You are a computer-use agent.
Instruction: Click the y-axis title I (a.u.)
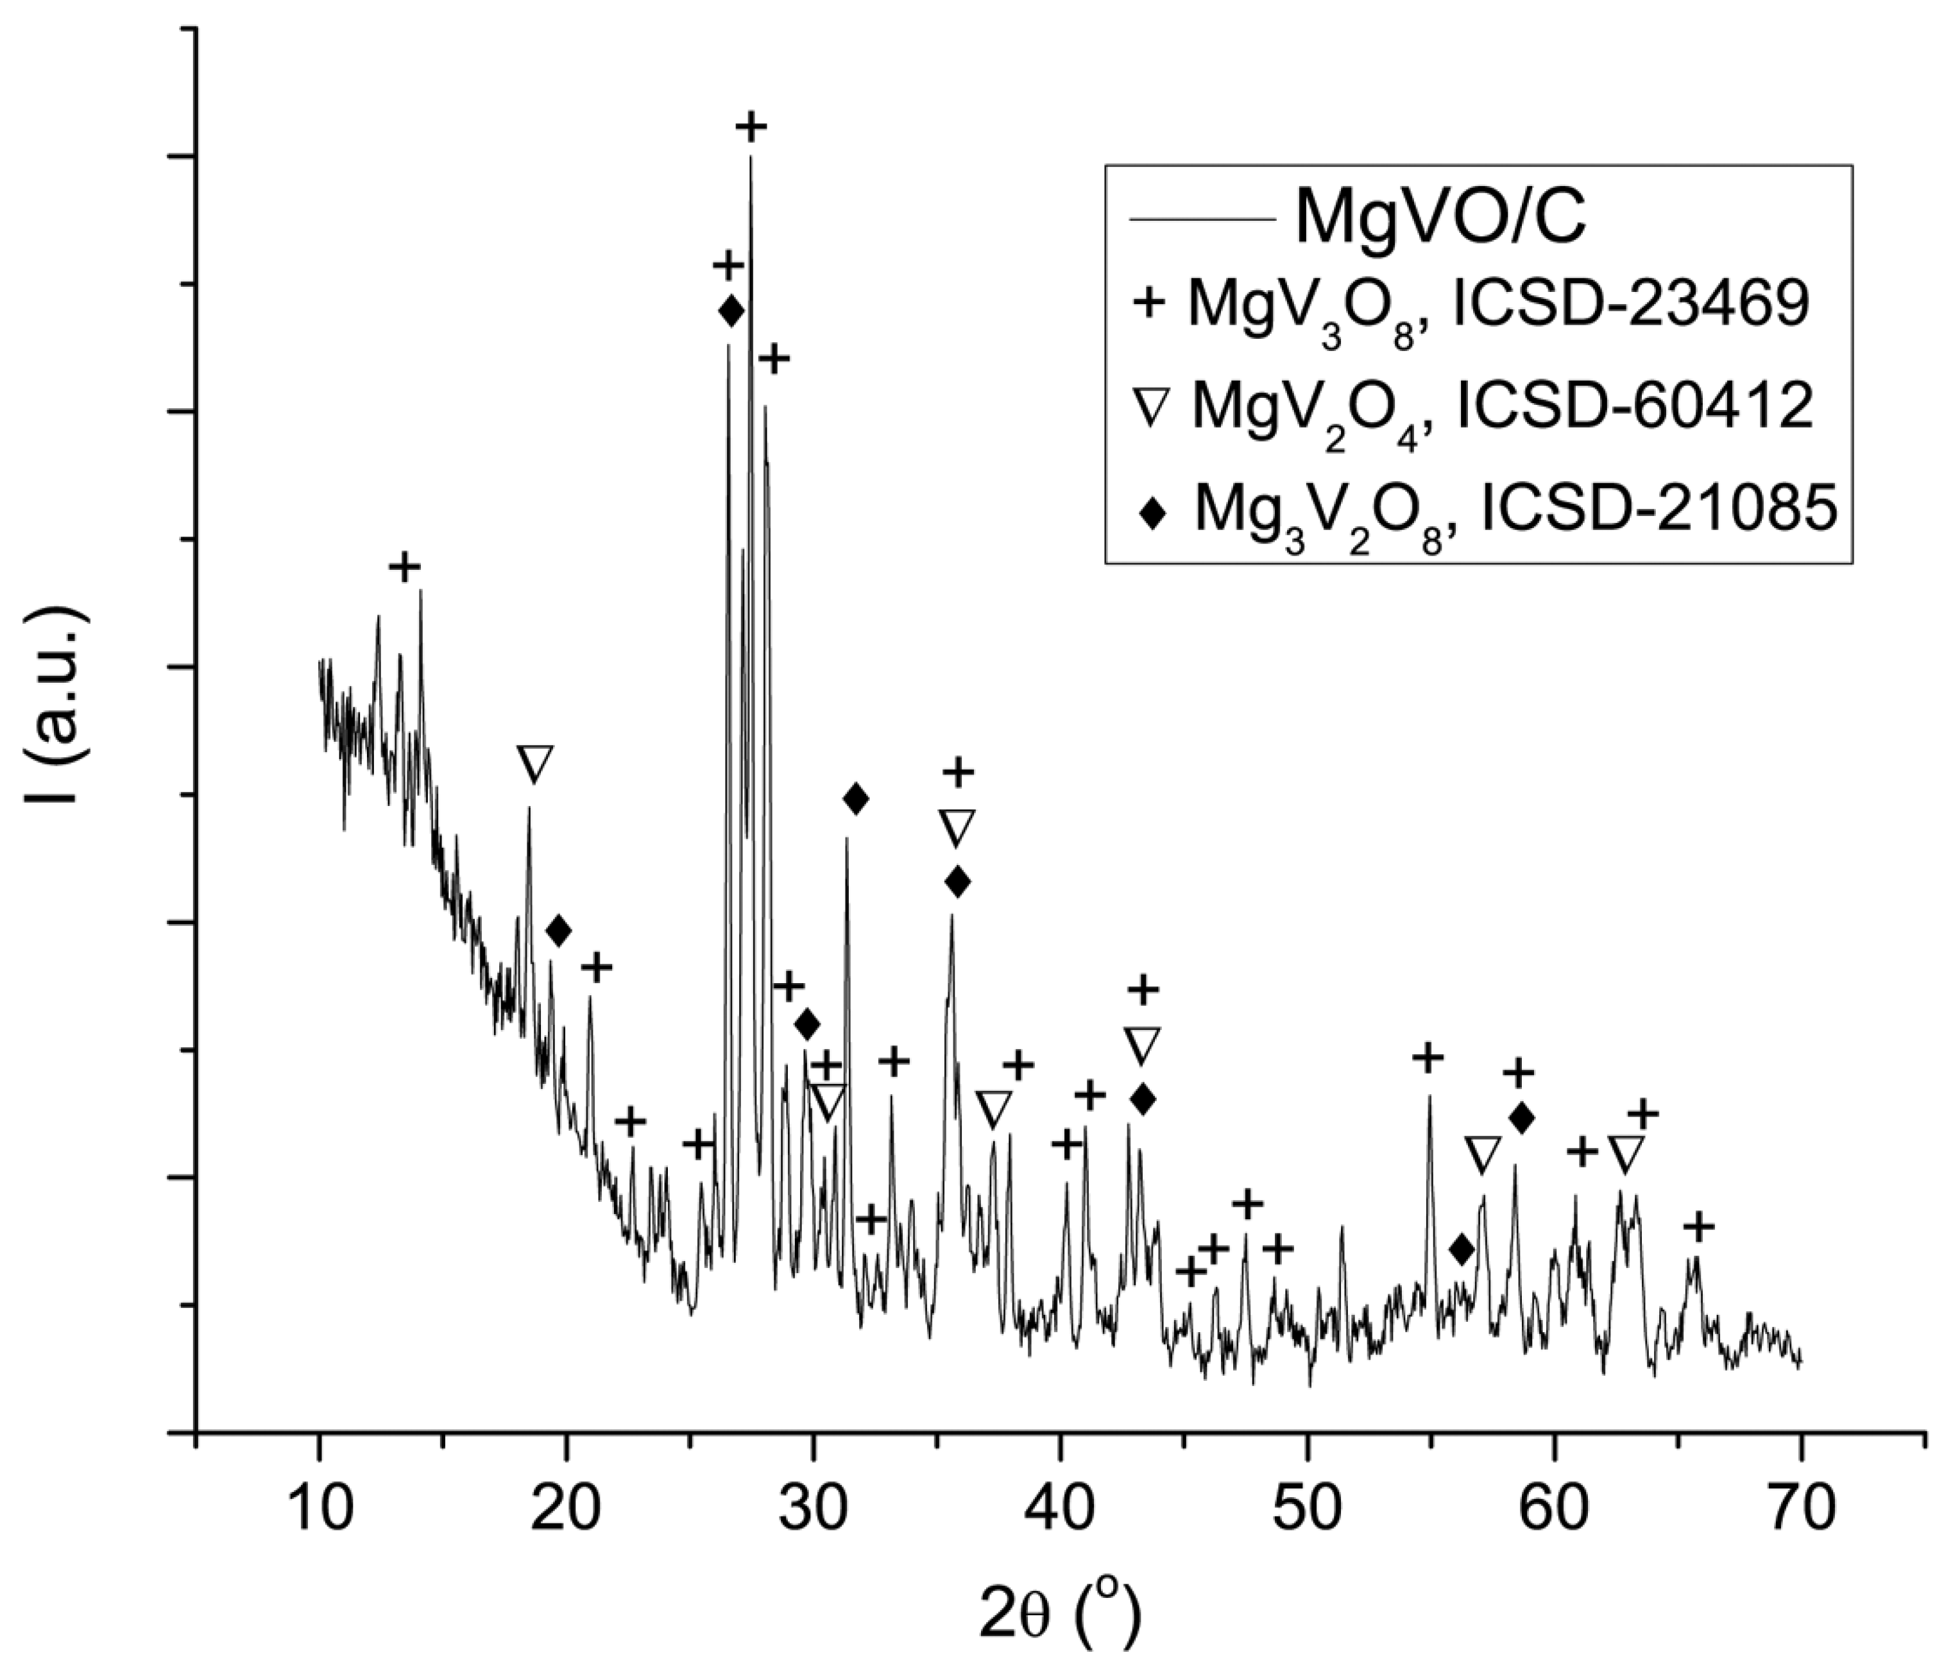[58, 707]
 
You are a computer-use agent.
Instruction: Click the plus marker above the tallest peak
[751, 126]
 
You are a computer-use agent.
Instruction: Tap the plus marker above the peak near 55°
[1428, 1058]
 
